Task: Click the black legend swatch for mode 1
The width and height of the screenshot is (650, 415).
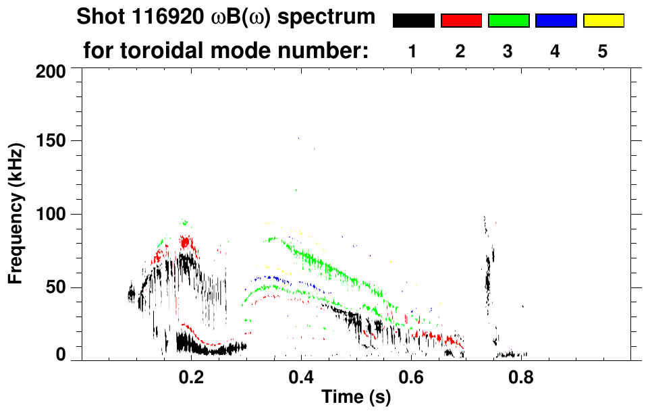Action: [413, 21]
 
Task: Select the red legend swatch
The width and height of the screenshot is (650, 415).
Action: [461, 21]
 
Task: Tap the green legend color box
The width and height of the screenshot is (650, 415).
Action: [508, 21]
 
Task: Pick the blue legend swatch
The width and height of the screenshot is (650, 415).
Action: [556, 21]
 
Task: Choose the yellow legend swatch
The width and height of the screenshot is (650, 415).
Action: [603, 21]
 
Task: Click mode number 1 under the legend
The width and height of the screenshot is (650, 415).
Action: [413, 51]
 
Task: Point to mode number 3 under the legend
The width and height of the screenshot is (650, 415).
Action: [508, 51]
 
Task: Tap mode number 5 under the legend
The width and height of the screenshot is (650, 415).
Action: [603, 51]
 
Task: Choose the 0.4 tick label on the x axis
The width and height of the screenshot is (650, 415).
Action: [301, 377]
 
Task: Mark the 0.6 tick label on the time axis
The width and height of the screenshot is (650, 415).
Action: [410, 377]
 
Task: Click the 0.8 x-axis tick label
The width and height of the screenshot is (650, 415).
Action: [520, 377]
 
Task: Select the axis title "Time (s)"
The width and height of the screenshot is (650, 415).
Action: [355, 398]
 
